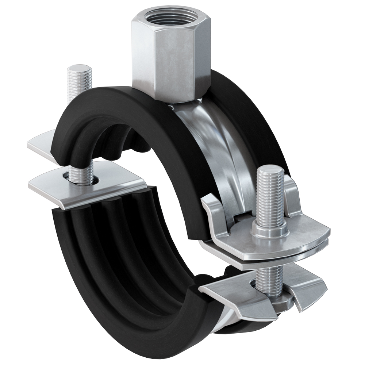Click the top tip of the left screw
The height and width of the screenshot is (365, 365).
tap(79, 69)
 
